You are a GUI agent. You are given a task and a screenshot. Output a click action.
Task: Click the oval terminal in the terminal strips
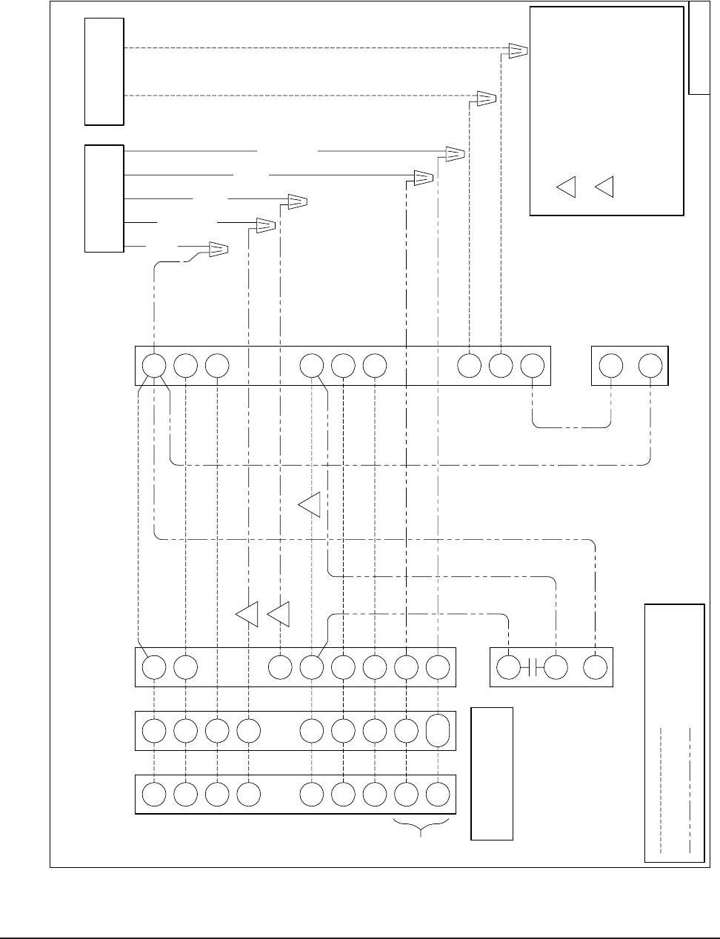439,729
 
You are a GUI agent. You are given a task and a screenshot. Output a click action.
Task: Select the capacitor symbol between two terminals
533,667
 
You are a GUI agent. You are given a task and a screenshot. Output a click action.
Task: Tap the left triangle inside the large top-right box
567,187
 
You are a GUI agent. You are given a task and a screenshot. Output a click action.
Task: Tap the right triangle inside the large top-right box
605,187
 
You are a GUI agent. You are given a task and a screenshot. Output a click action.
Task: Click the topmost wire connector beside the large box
518,50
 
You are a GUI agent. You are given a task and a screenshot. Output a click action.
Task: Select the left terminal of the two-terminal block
610,365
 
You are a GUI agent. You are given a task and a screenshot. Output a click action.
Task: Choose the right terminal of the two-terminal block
650,365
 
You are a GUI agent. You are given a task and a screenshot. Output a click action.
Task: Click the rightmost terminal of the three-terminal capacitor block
595,667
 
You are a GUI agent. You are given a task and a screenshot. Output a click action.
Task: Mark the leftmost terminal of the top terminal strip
153,365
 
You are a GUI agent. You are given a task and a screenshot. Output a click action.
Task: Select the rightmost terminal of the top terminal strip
533,365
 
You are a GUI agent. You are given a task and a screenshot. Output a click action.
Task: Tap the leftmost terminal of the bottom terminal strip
153,795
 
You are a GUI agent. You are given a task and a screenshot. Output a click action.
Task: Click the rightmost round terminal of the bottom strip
439,795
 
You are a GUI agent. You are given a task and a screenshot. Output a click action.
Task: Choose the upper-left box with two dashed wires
104,71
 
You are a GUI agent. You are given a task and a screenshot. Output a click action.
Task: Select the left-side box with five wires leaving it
104,198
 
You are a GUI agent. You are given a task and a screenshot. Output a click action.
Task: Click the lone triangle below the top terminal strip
310,504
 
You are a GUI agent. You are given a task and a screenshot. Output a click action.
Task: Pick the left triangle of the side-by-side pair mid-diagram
247,615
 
